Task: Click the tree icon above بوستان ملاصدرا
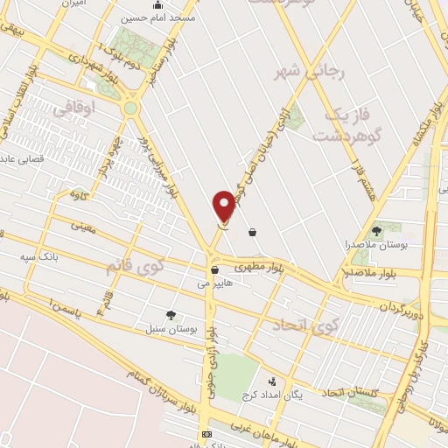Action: pyautogui.click(x=377, y=231)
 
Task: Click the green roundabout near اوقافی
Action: pyautogui.click(x=130, y=108)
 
